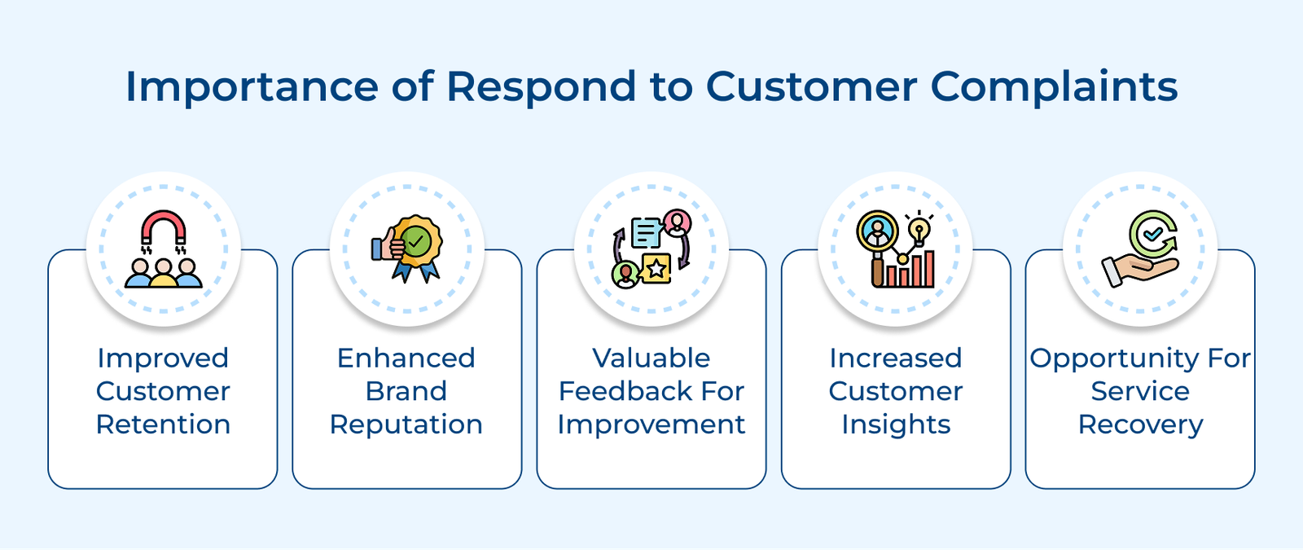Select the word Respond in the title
point(541,86)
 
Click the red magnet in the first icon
point(163,228)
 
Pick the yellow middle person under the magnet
point(163,274)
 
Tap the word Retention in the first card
point(163,425)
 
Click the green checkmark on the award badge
point(417,241)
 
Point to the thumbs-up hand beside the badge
point(386,245)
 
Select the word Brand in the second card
point(406,391)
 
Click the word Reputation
point(406,425)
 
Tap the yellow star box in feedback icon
point(656,268)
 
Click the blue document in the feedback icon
point(647,233)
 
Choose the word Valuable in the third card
point(651,358)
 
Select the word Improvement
point(651,425)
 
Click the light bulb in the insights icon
point(919,229)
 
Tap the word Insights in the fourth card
point(896,425)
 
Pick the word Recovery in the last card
point(1140,425)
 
